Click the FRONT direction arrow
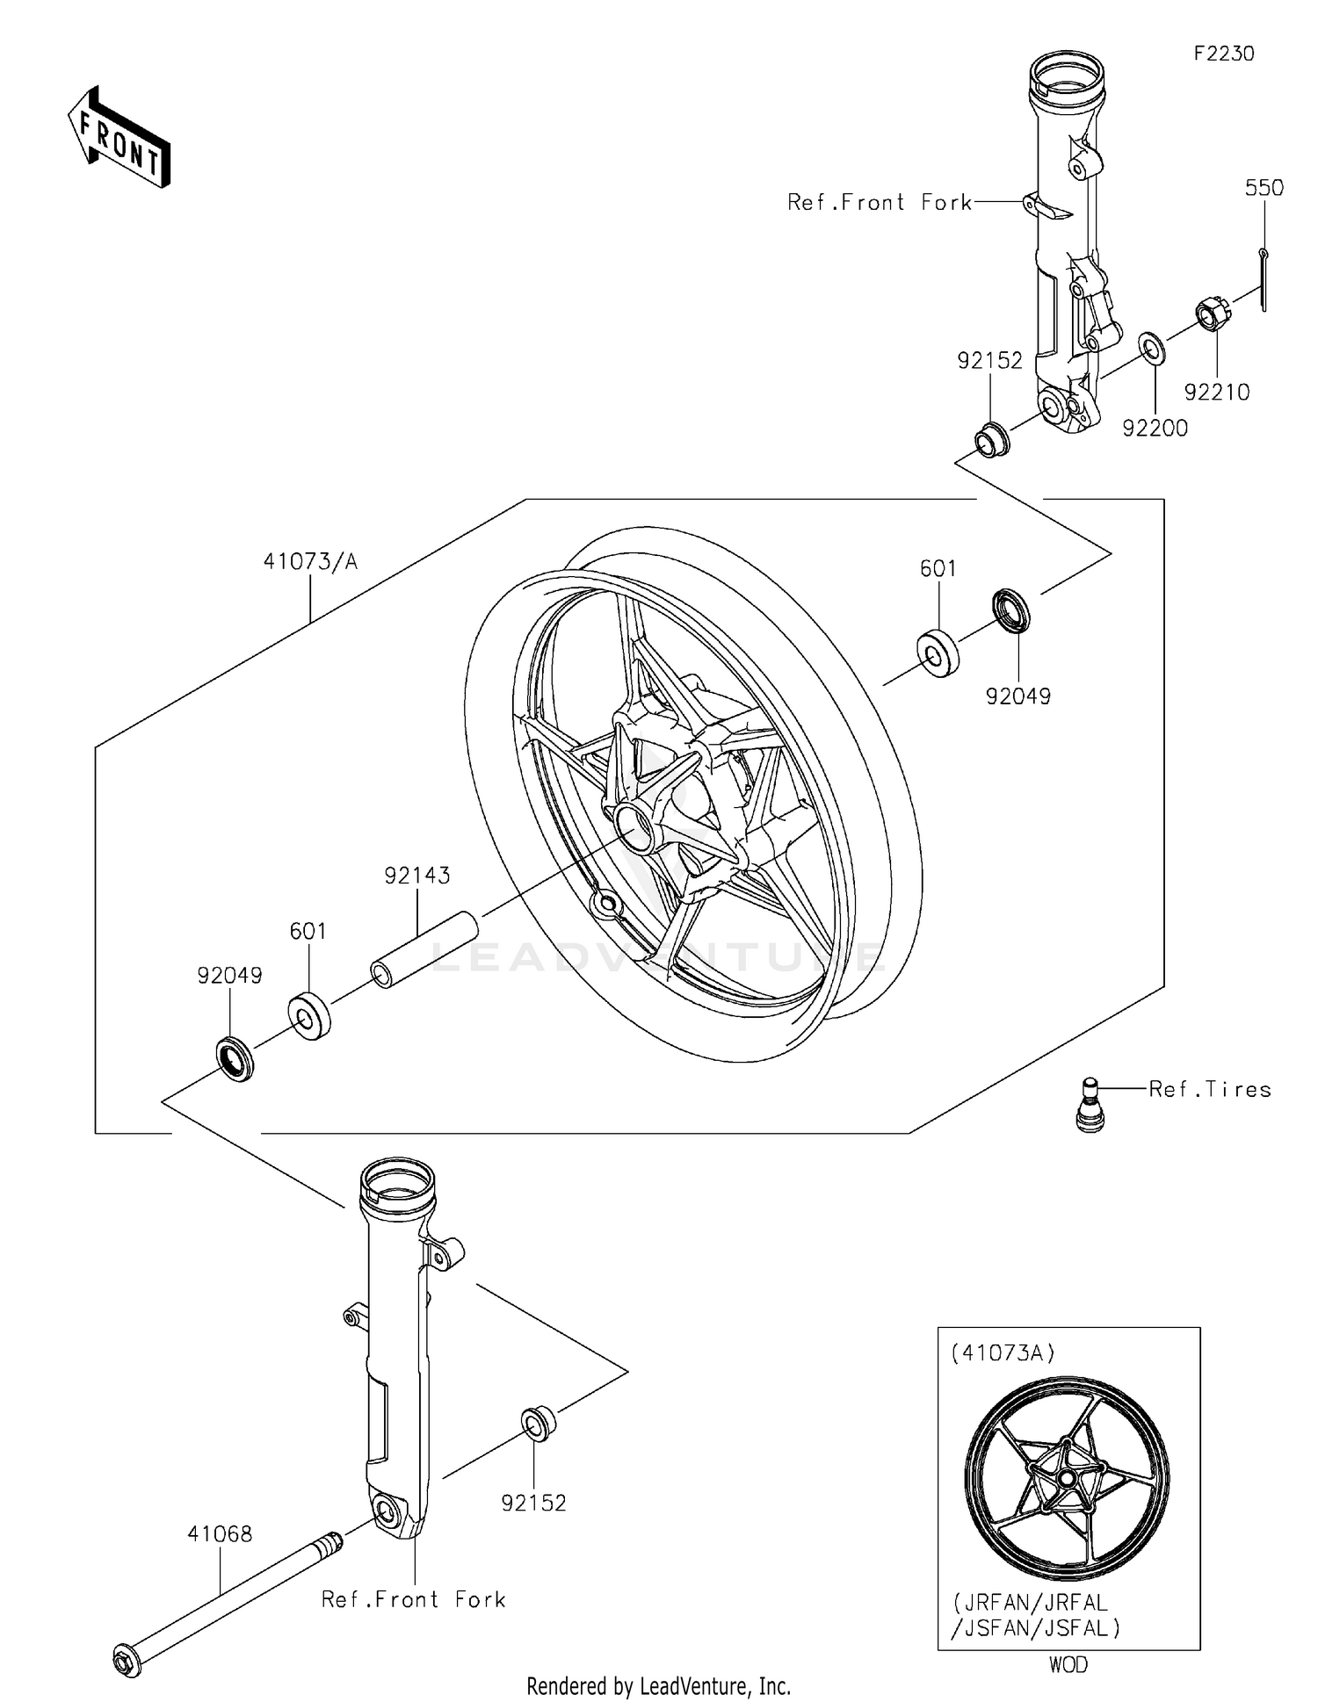tap(119, 138)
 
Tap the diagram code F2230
tap(1223, 54)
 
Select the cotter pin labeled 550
tap(1264, 279)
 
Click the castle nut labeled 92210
tap(1211, 314)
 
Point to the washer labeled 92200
tap(1152, 348)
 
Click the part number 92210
tap(1216, 393)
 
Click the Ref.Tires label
tap(1210, 1090)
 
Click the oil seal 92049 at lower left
tap(235, 1058)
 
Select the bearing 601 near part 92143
tap(308, 1014)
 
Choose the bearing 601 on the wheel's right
tap(938, 654)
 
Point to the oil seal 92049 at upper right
tap(1010, 610)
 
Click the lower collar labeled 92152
tap(538, 1422)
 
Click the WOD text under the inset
tap(1068, 1664)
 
